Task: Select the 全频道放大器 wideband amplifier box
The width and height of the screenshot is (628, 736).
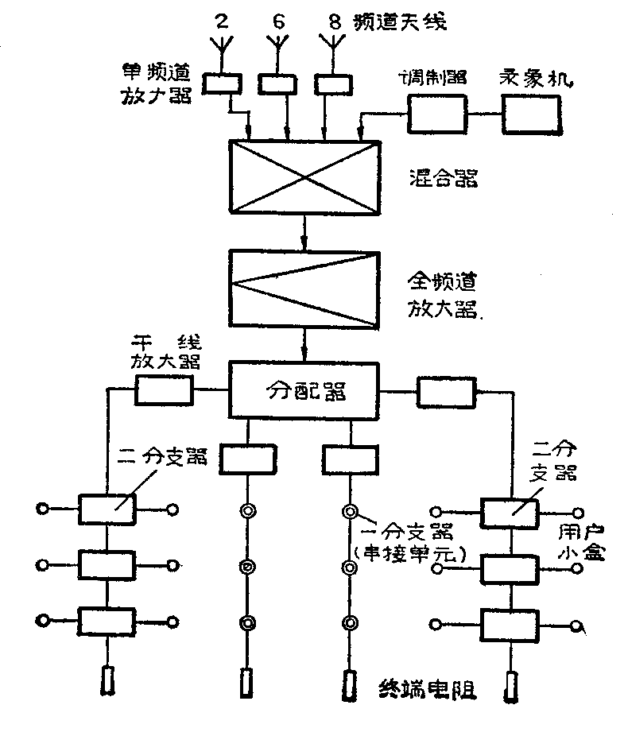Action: (x=303, y=287)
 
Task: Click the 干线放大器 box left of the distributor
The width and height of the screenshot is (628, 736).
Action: (x=164, y=390)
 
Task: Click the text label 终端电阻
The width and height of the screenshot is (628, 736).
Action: (x=426, y=688)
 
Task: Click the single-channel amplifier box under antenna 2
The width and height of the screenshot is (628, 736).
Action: (x=223, y=82)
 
